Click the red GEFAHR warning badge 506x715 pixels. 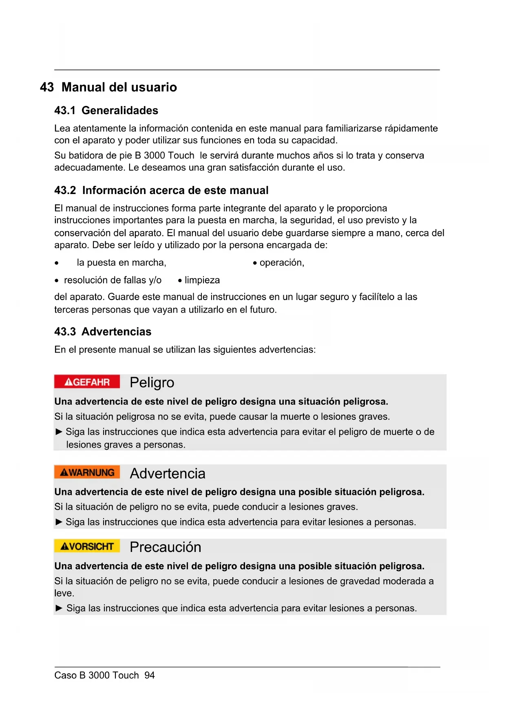pos(87,382)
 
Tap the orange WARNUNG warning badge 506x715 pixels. pos(87,472)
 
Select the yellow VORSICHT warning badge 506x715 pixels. pos(87,546)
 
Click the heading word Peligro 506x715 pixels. pos(152,383)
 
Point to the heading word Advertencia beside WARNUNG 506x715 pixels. pos(168,474)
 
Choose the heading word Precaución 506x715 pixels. pos(165,547)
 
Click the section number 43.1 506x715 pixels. pos(65,110)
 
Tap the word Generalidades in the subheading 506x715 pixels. pos(120,110)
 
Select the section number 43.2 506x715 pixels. pos(65,190)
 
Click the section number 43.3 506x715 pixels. pos(65,332)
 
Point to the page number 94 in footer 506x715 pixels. pos(150,675)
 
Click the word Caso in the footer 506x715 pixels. pos(65,675)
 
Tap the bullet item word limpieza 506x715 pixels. pos(202,280)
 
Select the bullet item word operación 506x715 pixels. pos(281,263)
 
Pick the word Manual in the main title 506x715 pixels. pos(84,87)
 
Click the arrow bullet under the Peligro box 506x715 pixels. pos(59,432)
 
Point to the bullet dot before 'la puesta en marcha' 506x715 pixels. pos(57,263)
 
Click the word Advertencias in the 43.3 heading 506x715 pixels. pos(117,332)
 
